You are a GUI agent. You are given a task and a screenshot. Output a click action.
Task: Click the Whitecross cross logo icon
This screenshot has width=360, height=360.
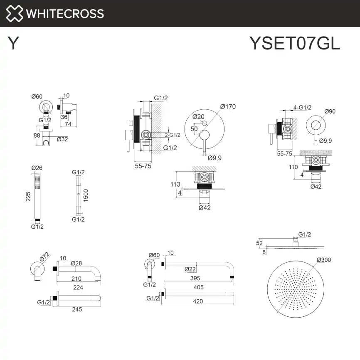click(x=14, y=13)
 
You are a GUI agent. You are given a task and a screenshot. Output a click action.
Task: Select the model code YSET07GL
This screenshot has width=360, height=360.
click(x=294, y=43)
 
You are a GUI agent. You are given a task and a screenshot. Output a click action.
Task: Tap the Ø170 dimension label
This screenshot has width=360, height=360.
click(x=228, y=106)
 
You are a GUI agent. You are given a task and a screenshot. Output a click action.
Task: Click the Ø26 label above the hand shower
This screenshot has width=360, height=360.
click(x=37, y=168)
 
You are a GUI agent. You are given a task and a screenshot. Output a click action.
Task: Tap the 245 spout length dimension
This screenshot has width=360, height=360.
click(x=76, y=309)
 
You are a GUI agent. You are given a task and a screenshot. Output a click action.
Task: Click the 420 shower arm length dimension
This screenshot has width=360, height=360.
click(x=198, y=301)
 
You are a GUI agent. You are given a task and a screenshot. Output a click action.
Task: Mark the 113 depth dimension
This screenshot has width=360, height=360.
click(x=175, y=185)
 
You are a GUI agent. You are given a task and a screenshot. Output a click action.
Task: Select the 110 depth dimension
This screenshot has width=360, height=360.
click(x=293, y=167)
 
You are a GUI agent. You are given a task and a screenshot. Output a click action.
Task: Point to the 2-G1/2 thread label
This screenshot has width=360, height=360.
click(x=172, y=135)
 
